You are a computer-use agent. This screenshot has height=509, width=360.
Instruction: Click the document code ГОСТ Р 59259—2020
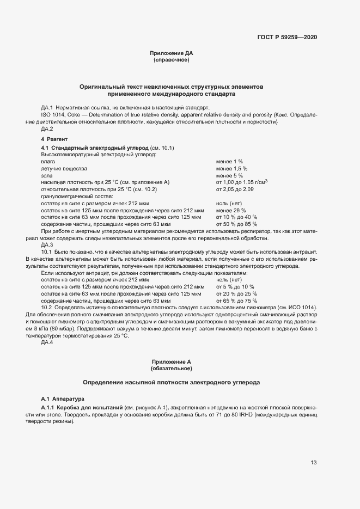[x=287, y=37]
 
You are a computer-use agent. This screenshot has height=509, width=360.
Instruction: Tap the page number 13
[x=314, y=463]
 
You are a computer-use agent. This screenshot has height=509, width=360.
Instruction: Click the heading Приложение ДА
[x=172, y=53]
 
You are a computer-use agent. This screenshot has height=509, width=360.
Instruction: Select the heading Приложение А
[x=172, y=361]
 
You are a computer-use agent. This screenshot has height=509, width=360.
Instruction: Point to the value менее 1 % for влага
[x=229, y=162]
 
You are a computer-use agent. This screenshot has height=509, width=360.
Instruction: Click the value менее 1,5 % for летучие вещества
[x=231, y=169]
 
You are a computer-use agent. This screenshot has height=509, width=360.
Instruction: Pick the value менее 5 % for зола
[x=229, y=175]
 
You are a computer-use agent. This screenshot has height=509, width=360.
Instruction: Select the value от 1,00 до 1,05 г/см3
[x=242, y=182]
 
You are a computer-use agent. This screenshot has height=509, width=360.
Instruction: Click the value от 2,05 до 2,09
[x=235, y=189]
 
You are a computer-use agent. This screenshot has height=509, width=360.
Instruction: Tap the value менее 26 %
[x=231, y=210]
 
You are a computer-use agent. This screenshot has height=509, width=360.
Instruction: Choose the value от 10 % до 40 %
[x=236, y=217]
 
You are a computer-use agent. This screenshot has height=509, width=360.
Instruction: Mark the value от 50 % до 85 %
[x=236, y=224]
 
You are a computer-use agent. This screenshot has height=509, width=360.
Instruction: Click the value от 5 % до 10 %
[x=235, y=286]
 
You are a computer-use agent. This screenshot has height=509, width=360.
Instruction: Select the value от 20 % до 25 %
[x=236, y=293]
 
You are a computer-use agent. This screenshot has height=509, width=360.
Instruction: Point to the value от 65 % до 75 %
[x=236, y=300]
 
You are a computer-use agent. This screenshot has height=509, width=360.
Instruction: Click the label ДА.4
[x=47, y=342]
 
